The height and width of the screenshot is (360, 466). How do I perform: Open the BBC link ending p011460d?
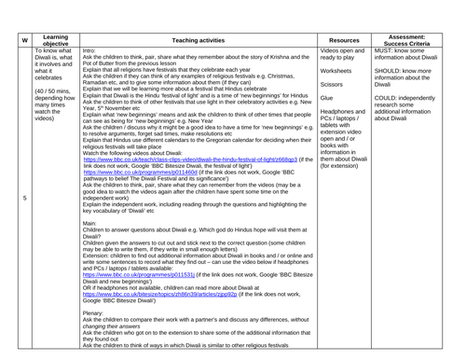click(136, 173)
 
